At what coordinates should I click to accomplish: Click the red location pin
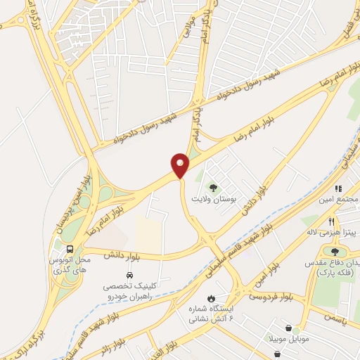(x=181, y=165)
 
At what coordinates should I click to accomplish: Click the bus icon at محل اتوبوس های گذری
(x=70, y=248)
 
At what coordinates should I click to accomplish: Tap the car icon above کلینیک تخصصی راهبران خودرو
(x=129, y=275)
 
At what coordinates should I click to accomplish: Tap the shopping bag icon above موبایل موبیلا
(x=289, y=328)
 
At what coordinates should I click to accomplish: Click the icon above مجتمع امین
(x=338, y=188)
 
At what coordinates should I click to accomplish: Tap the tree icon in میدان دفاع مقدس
(x=335, y=250)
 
